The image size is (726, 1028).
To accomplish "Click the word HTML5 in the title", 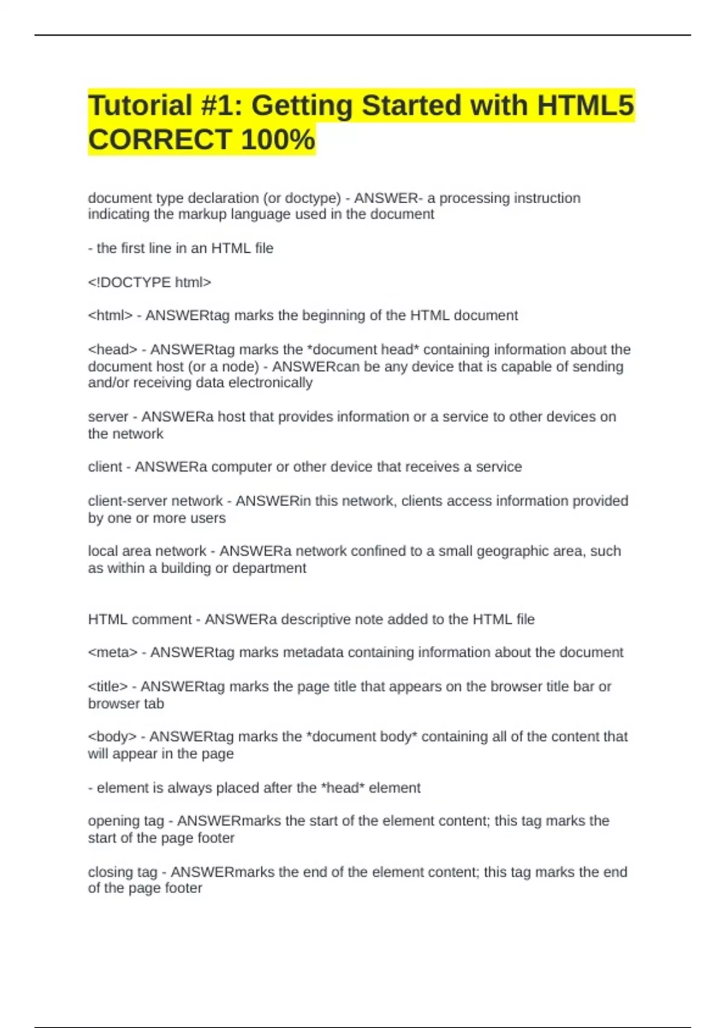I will click(x=585, y=105).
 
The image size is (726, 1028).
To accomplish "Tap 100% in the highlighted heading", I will click(x=278, y=140).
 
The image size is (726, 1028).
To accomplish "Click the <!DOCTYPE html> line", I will click(x=149, y=282).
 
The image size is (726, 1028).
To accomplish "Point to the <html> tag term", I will click(x=110, y=316).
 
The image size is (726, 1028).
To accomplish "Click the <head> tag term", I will click(x=113, y=350).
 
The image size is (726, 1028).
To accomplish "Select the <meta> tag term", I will click(x=113, y=652).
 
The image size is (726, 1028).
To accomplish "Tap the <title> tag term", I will click(x=108, y=686).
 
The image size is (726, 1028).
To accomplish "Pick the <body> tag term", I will click(x=112, y=737).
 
